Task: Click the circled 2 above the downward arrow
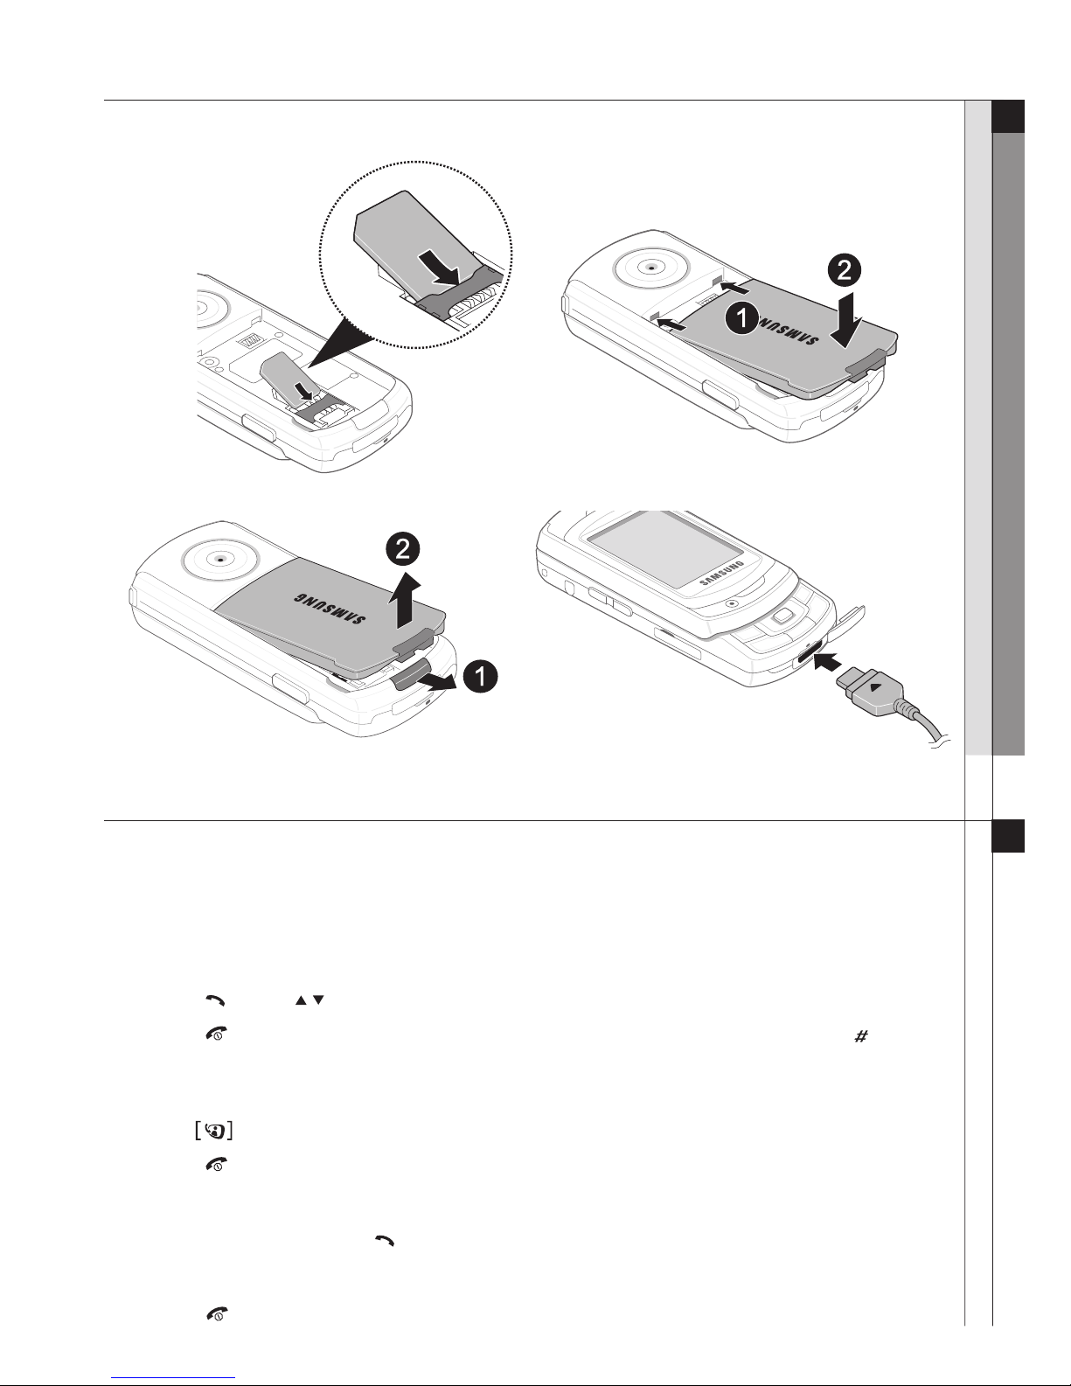click(x=844, y=271)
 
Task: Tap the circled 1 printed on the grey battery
click(x=742, y=317)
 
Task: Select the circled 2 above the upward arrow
click(x=403, y=548)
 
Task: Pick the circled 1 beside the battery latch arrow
click(x=480, y=676)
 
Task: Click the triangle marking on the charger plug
click(x=877, y=687)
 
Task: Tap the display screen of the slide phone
click(x=665, y=548)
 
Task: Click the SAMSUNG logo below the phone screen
click(x=721, y=574)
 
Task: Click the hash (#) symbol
click(x=860, y=1036)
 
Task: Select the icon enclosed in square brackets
click(x=213, y=1131)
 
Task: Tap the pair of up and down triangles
click(x=309, y=1000)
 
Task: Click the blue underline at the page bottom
click(x=173, y=1376)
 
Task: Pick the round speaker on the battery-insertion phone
click(x=650, y=268)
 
